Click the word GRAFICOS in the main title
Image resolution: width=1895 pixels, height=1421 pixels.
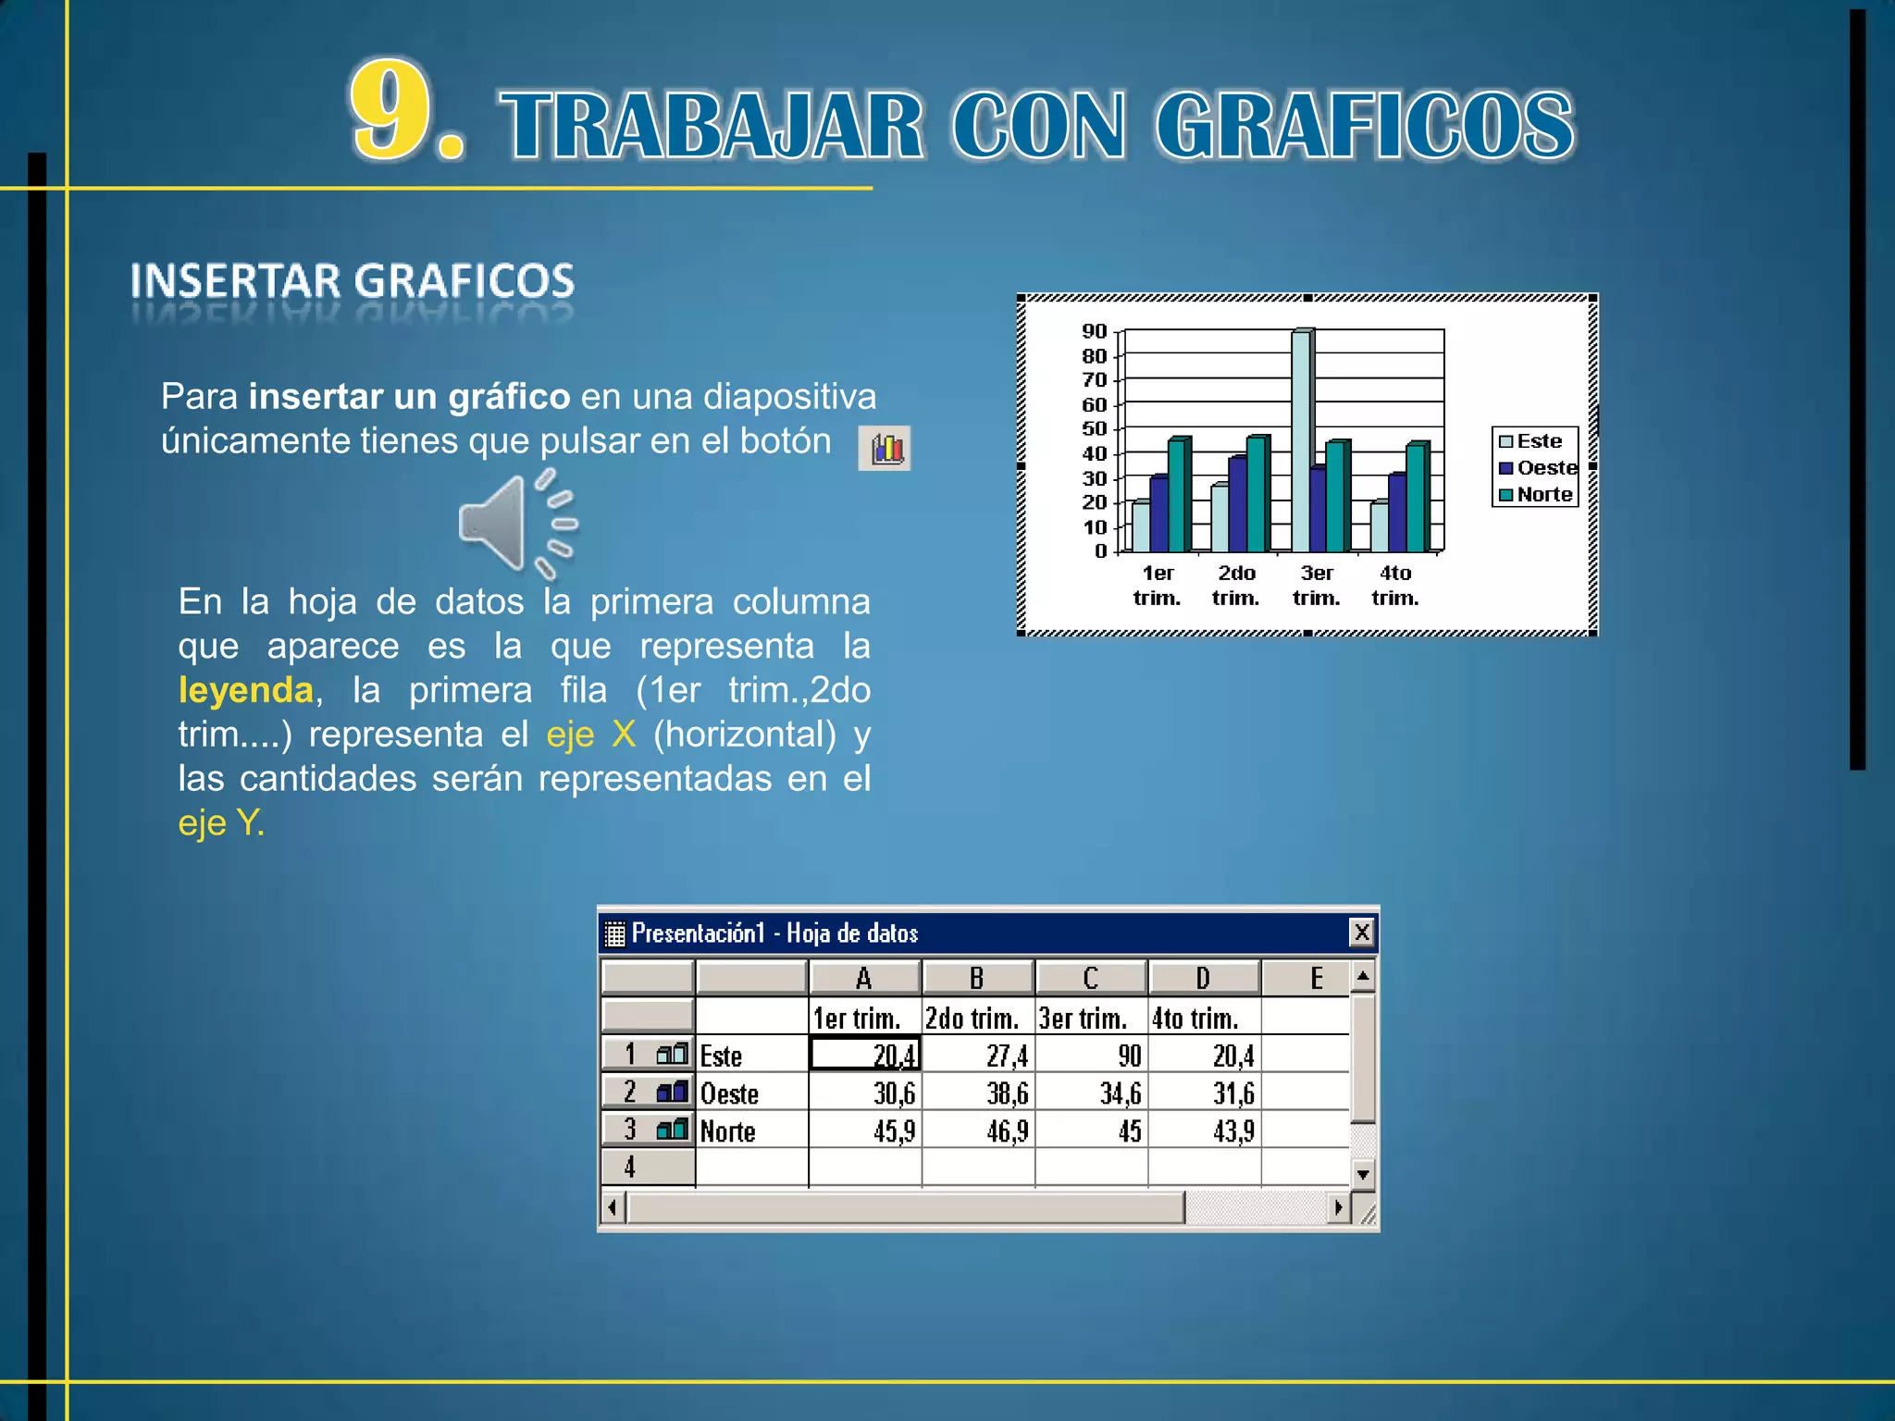(x=1364, y=126)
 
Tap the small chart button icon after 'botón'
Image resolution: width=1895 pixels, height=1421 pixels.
(x=885, y=449)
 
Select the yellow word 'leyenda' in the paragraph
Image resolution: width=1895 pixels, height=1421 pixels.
(x=246, y=690)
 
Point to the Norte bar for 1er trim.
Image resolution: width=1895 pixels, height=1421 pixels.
(x=1178, y=495)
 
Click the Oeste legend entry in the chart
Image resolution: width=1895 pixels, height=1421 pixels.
(x=1538, y=468)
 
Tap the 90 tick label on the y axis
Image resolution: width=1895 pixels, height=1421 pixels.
(x=1094, y=331)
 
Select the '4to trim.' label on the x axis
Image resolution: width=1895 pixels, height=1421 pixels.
(x=1395, y=586)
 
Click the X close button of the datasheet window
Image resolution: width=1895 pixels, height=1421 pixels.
(x=1361, y=933)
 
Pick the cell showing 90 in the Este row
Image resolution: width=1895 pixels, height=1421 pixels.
(x=1092, y=1056)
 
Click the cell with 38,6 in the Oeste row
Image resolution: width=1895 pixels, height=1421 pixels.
(x=978, y=1094)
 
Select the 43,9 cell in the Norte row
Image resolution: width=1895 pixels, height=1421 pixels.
(x=1205, y=1131)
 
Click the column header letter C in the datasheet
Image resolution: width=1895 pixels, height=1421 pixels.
(x=1091, y=978)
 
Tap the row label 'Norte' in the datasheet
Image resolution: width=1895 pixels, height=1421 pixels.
(x=728, y=1131)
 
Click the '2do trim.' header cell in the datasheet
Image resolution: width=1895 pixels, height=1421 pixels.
(x=973, y=1019)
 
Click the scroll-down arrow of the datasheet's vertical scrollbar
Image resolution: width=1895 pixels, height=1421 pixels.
(x=1362, y=1175)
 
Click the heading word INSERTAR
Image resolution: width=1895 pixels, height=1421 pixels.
(x=235, y=281)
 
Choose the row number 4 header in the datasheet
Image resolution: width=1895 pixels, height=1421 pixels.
(x=630, y=1168)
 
